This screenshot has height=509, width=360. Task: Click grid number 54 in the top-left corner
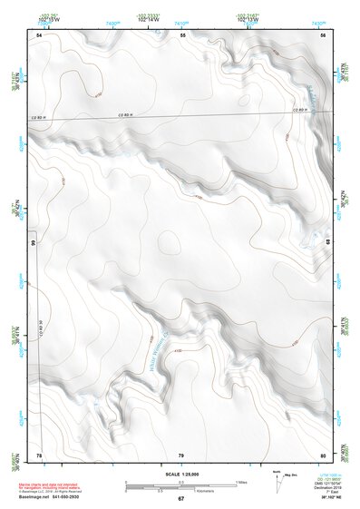(x=39, y=34)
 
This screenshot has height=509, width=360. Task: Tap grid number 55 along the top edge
(x=182, y=34)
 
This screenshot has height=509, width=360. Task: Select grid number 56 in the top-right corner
(x=323, y=34)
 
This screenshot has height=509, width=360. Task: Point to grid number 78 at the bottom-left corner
(x=39, y=455)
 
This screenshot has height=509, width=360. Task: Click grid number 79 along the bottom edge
(x=181, y=455)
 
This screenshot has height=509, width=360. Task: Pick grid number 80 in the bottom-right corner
(x=323, y=455)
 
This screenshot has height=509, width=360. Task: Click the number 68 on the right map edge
(x=328, y=243)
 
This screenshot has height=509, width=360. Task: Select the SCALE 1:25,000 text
(x=181, y=475)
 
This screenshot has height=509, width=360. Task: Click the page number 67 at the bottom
(x=180, y=499)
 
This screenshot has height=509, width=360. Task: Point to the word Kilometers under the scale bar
(x=191, y=491)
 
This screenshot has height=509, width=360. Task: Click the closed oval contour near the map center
(x=169, y=241)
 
